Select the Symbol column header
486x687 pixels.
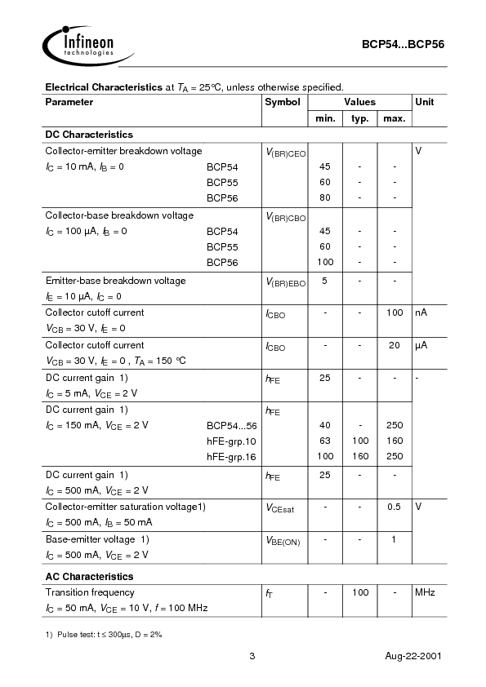[282, 102]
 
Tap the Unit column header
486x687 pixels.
[425, 102]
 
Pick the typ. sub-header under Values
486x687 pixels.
[359, 119]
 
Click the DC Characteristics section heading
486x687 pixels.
[89, 135]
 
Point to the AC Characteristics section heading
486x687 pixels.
[89, 576]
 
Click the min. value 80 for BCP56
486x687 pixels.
[324, 197]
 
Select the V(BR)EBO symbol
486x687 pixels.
[284, 282]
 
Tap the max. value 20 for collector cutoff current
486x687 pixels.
[394, 345]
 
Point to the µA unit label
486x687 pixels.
[421, 345]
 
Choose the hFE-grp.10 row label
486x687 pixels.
[231, 441]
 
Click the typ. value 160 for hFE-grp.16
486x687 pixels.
[359, 456]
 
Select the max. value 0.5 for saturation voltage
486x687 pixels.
[394, 507]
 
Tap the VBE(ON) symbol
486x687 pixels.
[283, 541]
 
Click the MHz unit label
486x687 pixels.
[426, 592]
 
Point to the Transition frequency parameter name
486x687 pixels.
[90, 592]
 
